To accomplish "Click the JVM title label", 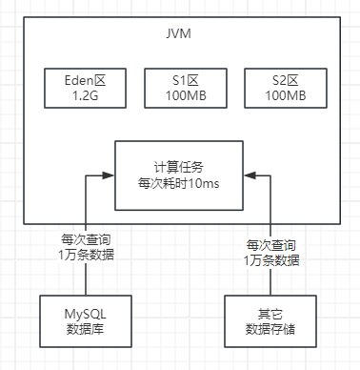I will click(179, 34).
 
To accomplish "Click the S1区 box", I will click(179, 89).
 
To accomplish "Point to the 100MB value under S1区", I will click(179, 96).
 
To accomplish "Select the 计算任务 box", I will click(179, 175).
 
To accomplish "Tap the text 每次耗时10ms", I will click(179, 184).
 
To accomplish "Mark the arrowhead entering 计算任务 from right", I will click(249, 175).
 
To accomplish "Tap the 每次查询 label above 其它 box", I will click(270, 245).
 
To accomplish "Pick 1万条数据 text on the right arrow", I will click(270, 260).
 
